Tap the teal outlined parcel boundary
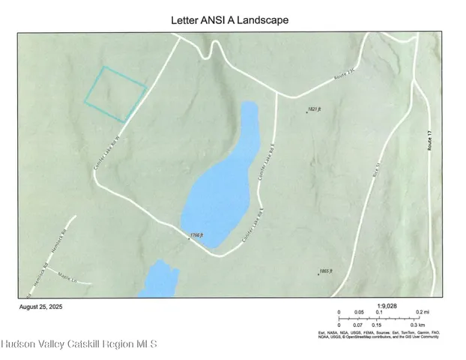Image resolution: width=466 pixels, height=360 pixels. pos(115,94)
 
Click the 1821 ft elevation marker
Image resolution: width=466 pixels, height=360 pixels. pos(313,110)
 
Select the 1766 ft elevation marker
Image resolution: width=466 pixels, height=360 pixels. pos(196,236)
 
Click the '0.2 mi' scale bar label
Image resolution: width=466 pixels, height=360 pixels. pos(421,312)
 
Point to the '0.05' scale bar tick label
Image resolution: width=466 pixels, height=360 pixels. pos(359,312)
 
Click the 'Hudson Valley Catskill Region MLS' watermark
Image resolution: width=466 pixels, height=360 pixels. pos(79,345)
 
